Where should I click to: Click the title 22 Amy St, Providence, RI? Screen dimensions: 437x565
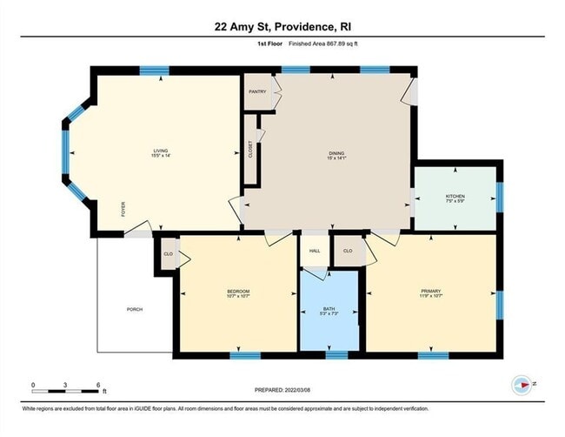pyautogui.click(x=282, y=26)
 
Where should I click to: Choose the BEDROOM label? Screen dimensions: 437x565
pyautogui.click(x=238, y=291)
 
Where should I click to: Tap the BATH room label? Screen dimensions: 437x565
pyautogui.click(x=329, y=308)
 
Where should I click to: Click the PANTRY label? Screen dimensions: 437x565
pyautogui.click(x=257, y=91)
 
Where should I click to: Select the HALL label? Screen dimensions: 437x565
pyautogui.click(x=314, y=251)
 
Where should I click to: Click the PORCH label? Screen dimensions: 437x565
pyautogui.click(x=135, y=309)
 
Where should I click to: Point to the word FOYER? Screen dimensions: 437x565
pyautogui.click(x=123, y=209)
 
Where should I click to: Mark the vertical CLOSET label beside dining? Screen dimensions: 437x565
pyautogui.click(x=251, y=149)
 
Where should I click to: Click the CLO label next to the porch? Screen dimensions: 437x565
pyautogui.click(x=168, y=254)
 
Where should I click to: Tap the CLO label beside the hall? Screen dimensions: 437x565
pyautogui.click(x=348, y=251)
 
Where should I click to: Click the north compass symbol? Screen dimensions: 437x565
pyautogui.click(x=522, y=384)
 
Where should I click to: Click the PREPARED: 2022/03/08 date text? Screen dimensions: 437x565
pyautogui.click(x=282, y=390)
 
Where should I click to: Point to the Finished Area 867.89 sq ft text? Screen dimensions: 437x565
pyautogui.click(x=312, y=43)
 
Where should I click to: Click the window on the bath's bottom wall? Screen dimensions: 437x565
pyautogui.click(x=336, y=355)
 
